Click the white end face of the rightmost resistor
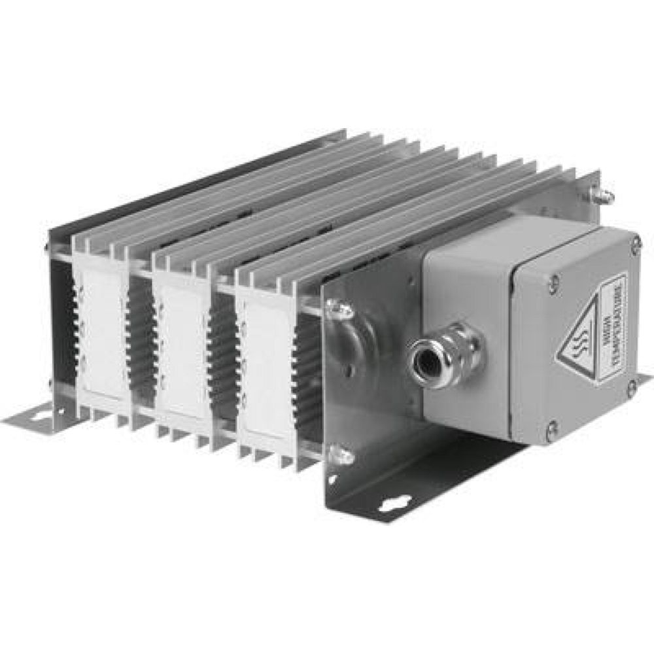pos(265,366)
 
